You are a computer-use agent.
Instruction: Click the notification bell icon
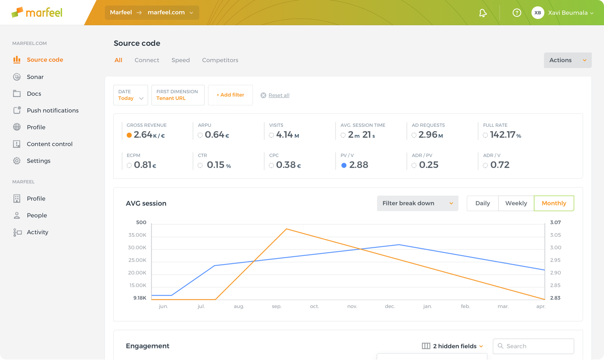(x=483, y=13)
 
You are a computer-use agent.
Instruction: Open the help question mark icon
(x=517, y=13)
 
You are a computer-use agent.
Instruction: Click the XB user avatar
(x=538, y=13)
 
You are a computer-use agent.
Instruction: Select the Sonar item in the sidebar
(x=35, y=77)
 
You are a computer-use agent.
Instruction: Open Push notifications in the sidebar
(x=53, y=110)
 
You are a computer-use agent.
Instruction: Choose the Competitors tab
(x=220, y=60)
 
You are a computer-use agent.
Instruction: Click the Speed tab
(x=181, y=60)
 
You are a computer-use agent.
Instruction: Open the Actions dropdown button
(x=568, y=60)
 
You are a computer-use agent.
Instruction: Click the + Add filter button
(x=230, y=95)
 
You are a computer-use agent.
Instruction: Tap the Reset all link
(x=279, y=95)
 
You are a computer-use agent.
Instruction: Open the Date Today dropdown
(x=131, y=95)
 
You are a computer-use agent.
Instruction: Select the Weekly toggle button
(x=516, y=203)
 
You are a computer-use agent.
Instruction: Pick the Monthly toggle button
(x=554, y=203)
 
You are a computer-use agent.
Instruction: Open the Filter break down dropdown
(x=417, y=203)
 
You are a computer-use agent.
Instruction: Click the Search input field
(x=533, y=346)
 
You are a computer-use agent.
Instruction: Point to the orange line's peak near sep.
(x=286, y=229)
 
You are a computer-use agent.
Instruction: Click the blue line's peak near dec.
(x=399, y=245)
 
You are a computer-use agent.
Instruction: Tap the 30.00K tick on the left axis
(x=137, y=248)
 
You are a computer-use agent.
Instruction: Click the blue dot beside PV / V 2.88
(x=344, y=165)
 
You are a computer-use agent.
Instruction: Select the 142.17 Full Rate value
(x=502, y=135)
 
